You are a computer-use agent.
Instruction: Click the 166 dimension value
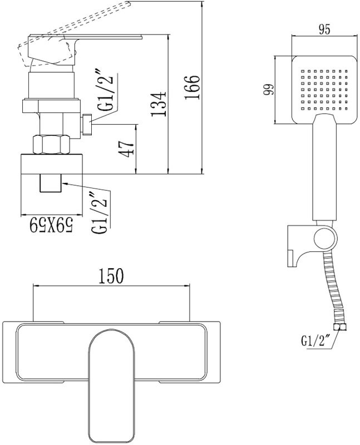coord(192,87)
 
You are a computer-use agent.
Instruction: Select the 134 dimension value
coord(158,104)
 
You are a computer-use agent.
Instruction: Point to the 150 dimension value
coord(111,275)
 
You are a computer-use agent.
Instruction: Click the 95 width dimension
coord(324,29)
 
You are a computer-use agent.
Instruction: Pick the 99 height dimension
coord(269,90)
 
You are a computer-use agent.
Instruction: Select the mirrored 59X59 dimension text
coord(52,226)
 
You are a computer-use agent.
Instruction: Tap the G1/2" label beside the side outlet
coord(107,93)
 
